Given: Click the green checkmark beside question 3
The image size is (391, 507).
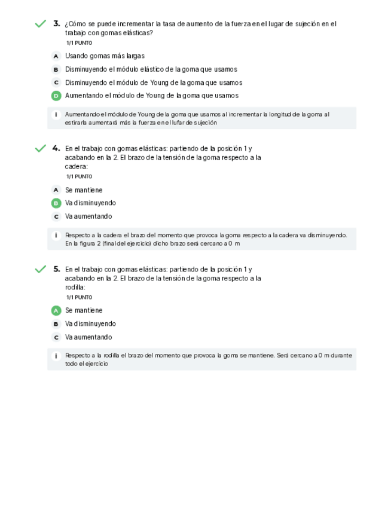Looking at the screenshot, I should coord(40,24).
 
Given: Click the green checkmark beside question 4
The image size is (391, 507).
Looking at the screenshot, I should coord(40,148).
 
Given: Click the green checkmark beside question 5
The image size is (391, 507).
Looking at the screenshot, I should coord(40,269).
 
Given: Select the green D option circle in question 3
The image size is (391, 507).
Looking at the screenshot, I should coord(56,96).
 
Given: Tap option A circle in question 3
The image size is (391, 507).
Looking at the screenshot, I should coord(56,56).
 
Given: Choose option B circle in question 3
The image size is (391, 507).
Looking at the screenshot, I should coord(56,69).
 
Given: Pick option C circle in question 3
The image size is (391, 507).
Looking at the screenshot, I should coord(56,83).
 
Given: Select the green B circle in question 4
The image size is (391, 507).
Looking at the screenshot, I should coord(56,203).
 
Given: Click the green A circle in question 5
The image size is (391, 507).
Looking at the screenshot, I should coord(56,311).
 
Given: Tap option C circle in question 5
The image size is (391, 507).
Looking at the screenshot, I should coord(56,337).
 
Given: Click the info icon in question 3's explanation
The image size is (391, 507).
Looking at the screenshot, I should coord(56,114).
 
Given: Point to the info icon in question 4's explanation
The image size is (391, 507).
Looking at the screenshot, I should coord(56,235).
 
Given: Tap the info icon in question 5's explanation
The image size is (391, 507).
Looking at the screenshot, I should coord(56,356).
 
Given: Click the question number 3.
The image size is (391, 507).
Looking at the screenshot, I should coord(56,23).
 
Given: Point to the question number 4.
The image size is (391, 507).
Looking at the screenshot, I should coord(56,148).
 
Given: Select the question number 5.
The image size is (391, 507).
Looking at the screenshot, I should coord(56,268).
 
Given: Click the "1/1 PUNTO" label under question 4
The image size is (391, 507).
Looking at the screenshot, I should coord(79,176).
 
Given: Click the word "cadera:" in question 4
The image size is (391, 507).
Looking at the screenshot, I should coord(77,166).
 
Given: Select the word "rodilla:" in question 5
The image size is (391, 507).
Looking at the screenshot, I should coord(75,287).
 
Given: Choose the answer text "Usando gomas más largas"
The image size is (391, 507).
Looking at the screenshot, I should coord(105,56).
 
